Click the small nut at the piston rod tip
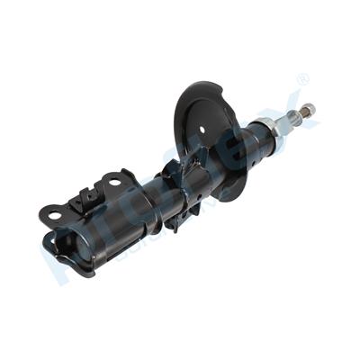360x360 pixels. pos(310,110)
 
